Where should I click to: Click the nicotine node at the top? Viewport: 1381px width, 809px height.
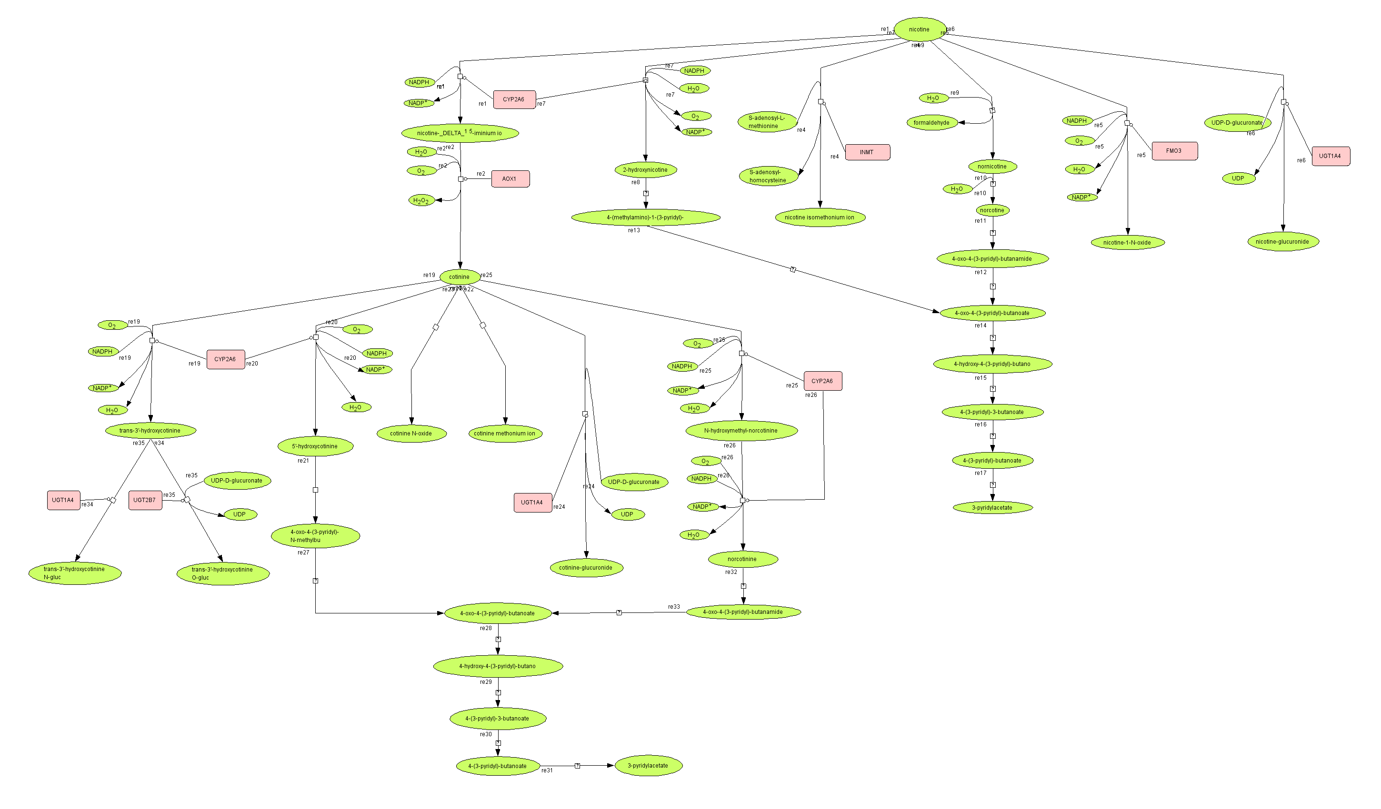[x=919, y=30]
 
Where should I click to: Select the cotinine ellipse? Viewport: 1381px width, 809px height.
[x=459, y=277]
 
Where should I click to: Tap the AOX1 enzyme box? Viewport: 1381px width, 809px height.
[x=510, y=179]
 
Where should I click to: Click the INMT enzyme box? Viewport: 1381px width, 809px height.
[x=867, y=152]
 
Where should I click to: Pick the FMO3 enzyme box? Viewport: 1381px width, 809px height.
[x=1174, y=151]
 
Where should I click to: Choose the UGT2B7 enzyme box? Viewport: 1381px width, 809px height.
[x=145, y=500]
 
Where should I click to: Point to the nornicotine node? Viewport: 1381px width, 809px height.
[x=992, y=167]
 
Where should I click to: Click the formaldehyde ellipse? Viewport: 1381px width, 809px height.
[x=931, y=123]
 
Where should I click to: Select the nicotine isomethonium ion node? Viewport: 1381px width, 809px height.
[x=819, y=217]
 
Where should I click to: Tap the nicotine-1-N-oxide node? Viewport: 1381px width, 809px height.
[x=1127, y=243]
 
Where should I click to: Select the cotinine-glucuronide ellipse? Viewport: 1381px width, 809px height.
[x=586, y=567]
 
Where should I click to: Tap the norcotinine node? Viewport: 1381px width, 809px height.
[x=742, y=559]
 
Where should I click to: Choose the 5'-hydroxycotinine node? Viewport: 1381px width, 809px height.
[x=315, y=446]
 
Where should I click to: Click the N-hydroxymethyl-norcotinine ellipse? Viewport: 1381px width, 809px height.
[x=741, y=431]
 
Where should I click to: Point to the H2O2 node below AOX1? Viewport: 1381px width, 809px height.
[x=421, y=200]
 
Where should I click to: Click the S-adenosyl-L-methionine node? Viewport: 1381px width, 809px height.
[x=767, y=122]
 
